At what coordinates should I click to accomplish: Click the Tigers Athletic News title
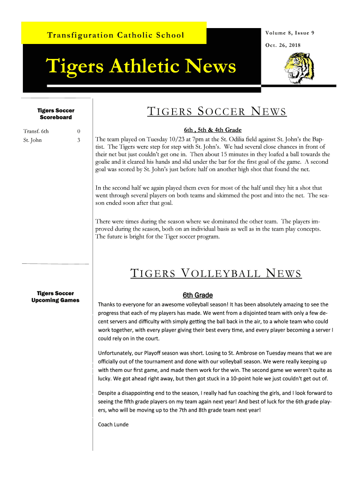tap(140, 67)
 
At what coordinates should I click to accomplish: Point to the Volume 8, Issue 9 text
tap(289, 33)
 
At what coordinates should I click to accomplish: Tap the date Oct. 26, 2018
tap(283, 45)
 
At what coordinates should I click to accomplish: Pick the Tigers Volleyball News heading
tap(216, 273)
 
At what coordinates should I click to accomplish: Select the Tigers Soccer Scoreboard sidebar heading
tap(56, 114)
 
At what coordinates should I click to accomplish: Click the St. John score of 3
tap(79, 140)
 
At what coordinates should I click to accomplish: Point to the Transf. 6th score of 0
tap(79, 131)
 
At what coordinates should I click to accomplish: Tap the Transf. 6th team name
tap(36, 131)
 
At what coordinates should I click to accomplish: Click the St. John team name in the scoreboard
tap(33, 140)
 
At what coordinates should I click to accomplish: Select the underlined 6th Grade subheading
tap(197, 295)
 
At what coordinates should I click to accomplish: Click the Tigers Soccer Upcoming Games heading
tap(55, 297)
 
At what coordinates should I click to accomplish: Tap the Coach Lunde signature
tap(113, 424)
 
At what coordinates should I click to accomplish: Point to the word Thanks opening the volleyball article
tap(106, 305)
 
